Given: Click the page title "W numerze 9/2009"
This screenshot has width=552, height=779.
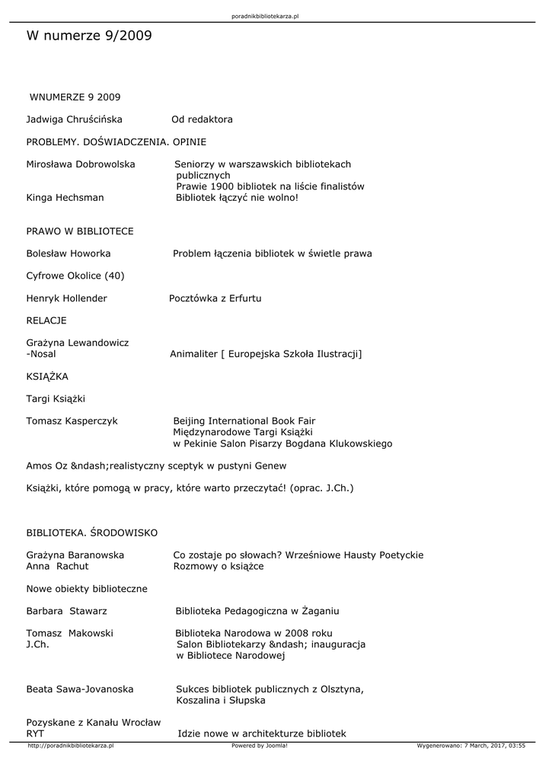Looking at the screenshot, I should click(x=89, y=36).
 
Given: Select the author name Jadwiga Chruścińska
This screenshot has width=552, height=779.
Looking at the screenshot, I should click(x=74, y=119).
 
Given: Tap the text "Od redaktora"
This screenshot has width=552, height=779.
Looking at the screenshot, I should click(x=202, y=119).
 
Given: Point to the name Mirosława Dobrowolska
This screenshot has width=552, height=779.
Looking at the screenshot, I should click(x=81, y=164).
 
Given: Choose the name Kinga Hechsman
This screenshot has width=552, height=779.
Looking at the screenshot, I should click(x=65, y=197).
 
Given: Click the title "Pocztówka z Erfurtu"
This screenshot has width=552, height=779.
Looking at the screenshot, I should click(x=215, y=298).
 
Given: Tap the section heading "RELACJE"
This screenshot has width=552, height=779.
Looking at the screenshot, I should click(x=46, y=320).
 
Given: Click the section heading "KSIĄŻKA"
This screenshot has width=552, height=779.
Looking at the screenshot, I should click(x=47, y=376).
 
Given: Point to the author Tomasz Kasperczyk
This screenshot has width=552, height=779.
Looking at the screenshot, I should click(x=72, y=421).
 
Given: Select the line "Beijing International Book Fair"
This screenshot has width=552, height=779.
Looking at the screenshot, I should click(x=244, y=421).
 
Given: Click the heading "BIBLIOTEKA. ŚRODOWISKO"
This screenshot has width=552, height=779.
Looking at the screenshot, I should click(x=92, y=533).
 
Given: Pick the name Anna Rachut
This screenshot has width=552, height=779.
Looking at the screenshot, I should click(x=57, y=566).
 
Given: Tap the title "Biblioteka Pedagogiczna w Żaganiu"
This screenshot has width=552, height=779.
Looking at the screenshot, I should click(x=257, y=611).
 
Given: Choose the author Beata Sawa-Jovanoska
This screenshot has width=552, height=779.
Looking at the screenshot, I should click(x=80, y=689).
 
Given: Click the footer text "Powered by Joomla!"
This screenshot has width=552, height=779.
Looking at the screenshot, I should click(x=260, y=746).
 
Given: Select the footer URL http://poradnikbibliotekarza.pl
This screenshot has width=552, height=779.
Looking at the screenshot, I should click(x=70, y=746).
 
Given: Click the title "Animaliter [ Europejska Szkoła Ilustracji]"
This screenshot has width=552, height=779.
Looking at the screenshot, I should click(x=266, y=354).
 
